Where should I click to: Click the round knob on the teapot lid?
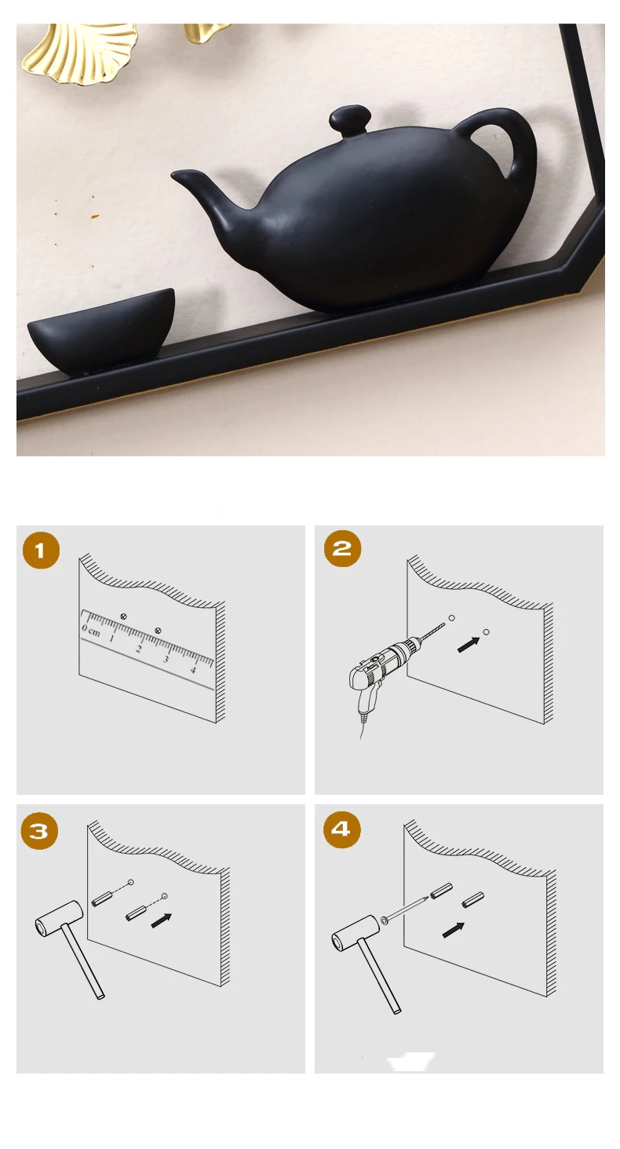(x=349, y=119)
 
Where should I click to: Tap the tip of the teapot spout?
(x=173, y=175)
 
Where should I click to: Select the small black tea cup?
(x=101, y=330)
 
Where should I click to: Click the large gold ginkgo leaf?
(x=79, y=51)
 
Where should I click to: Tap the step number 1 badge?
(x=41, y=551)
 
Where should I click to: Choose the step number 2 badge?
(x=342, y=548)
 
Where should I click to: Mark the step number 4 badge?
(x=341, y=829)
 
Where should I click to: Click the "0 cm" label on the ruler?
(x=91, y=631)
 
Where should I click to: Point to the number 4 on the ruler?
(x=193, y=670)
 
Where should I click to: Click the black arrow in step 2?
(x=469, y=645)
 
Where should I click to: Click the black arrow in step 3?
(x=162, y=920)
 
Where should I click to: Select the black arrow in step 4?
(x=454, y=930)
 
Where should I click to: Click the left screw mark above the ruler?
(x=123, y=616)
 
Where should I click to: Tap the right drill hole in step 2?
(x=487, y=632)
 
